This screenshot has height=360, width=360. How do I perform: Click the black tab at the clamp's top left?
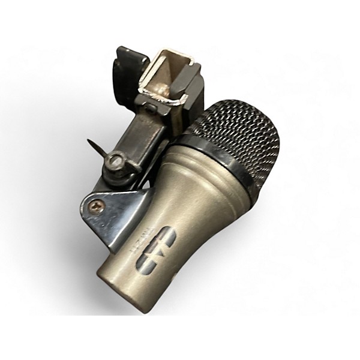tap(129, 63)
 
